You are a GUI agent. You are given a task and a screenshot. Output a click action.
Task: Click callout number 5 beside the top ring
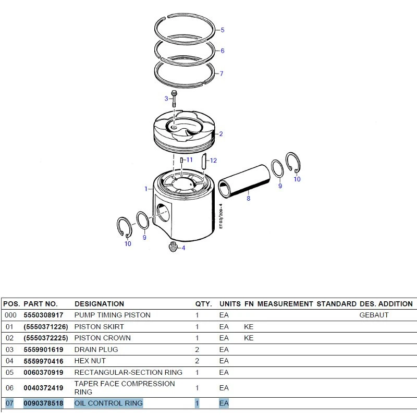(223, 30)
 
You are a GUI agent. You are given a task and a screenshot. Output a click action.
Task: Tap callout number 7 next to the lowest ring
(221, 73)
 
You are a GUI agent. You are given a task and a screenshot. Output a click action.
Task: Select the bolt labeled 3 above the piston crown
(174, 99)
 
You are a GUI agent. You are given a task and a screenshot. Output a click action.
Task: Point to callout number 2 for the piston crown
(220, 134)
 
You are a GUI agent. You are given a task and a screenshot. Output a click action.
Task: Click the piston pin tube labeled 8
(244, 180)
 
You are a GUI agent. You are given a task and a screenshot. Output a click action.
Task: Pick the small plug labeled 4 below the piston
(173, 247)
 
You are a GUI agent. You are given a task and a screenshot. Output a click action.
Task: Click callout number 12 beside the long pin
(213, 161)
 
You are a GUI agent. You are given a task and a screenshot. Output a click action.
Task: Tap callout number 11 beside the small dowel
(189, 160)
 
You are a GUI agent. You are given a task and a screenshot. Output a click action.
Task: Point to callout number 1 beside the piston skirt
(146, 189)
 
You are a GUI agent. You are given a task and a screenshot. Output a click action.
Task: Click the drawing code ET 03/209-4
(220, 216)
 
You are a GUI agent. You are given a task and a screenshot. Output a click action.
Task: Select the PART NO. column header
(41, 304)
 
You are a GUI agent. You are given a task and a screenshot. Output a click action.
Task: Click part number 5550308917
(43, 315)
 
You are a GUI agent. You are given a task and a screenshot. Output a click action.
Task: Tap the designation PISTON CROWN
(102, 338)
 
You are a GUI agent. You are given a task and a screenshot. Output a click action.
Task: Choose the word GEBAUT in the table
(374, 315)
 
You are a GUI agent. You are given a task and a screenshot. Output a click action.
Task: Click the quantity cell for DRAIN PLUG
(197, 349)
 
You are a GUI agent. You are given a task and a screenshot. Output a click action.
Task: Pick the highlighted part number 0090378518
(43, 403)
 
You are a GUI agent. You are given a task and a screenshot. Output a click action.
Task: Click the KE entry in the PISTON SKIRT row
(249, 327)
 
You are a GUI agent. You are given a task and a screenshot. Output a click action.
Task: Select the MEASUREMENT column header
(285, 304)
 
